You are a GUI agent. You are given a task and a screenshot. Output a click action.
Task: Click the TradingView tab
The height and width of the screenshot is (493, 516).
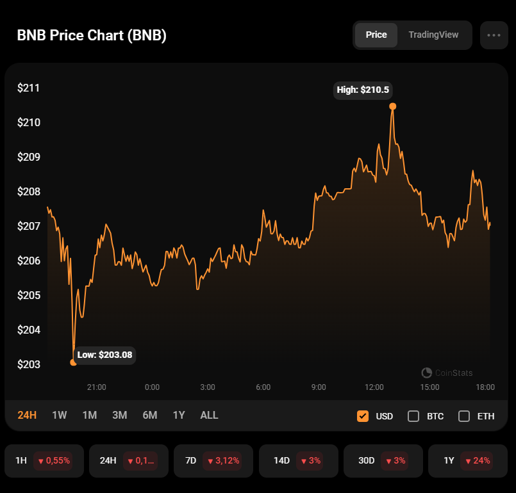click(x=433, y=35)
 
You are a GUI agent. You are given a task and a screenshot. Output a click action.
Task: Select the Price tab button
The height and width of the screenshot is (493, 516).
click(x=376, y=35)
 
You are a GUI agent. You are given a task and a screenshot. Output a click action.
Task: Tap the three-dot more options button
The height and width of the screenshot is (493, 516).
click(x=494, y=35)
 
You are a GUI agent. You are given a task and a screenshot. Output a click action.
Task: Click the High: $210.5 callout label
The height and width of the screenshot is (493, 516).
click(x=363, y=90)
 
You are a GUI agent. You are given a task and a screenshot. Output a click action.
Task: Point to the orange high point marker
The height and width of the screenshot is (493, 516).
click(x=393, y=106)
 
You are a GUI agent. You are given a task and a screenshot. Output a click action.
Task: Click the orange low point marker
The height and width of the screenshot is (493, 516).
click(x=73, y=362)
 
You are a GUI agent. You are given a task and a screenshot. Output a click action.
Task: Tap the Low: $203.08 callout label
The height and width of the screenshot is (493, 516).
click(x=105, y=355)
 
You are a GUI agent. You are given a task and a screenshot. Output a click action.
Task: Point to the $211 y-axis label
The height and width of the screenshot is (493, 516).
click(x=29, y=88)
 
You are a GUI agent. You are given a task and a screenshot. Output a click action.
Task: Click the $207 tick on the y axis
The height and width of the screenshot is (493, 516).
click(x=29, y=226)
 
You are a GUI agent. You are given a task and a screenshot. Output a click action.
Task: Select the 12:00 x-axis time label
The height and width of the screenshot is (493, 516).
click(x=374, y=387)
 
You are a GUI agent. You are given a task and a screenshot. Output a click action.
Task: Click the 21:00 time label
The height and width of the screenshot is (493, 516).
click(x=97, y=387)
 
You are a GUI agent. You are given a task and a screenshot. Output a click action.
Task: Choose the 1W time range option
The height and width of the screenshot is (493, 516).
click(x=60, y=415)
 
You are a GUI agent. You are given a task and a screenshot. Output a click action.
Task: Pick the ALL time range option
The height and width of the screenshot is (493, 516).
click(x=209, y=415)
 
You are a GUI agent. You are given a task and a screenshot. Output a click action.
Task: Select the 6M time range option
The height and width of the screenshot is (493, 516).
click(x=149, y=415)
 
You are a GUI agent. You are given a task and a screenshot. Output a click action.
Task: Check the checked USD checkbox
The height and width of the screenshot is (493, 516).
click(x=363, y=416)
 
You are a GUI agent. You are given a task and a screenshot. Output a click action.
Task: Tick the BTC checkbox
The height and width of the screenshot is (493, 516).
click(x=413, y=416)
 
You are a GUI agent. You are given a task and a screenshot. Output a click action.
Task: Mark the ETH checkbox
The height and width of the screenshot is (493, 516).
click(x=464, y=416)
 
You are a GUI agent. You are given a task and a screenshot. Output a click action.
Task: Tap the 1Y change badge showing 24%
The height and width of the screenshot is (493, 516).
click(x=478, y=460)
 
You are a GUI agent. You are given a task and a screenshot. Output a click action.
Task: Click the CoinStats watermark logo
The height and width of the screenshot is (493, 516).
click(x=426, y=373)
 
